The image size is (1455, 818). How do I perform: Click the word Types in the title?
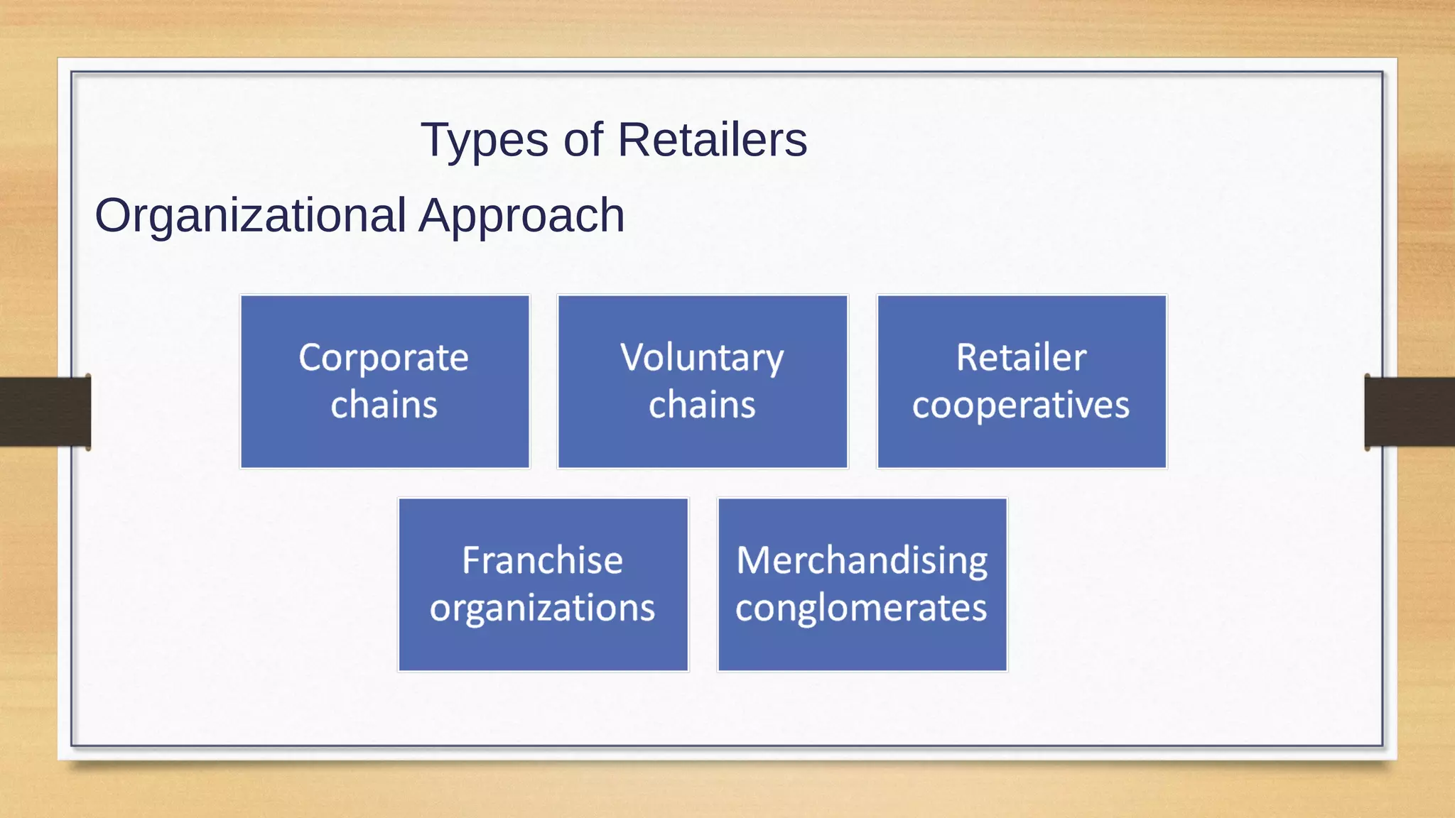click(485, 141)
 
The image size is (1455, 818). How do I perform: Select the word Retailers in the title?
click(712, 139)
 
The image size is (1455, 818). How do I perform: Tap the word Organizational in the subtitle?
click(251, 216)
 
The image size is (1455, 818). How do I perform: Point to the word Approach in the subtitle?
click(521, 216)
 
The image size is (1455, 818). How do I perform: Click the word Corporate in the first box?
click(384, 358)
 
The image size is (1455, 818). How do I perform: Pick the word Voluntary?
click(702, 358)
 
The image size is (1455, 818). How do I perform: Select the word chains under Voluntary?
click(702, 405)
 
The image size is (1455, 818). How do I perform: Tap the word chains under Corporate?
click(384, 405)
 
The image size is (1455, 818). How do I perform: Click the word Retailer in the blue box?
click(1021, 357)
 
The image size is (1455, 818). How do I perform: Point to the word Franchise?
click(543, 560)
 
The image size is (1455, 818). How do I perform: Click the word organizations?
click(543, 609)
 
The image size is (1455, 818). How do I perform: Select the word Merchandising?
click(862, 560)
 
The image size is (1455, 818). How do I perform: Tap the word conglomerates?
click(861, 609)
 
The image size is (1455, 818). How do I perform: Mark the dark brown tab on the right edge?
click(1410, 412)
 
